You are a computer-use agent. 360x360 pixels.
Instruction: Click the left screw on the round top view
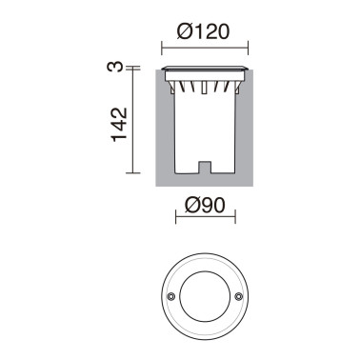point(171,296)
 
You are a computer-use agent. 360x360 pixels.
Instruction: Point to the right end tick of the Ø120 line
point(249,45)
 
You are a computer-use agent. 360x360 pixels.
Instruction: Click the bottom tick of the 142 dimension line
point(131,176)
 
